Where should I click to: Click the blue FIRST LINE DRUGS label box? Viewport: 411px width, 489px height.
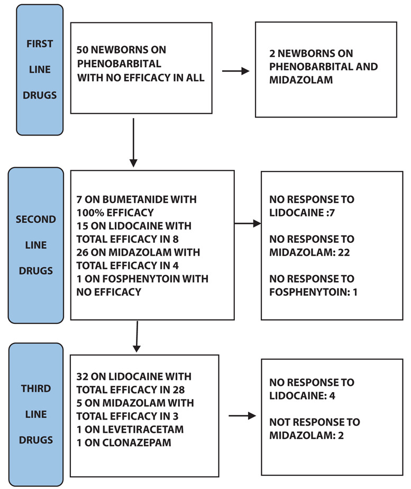click(40, 69)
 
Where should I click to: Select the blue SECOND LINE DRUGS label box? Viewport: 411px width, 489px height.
click(36, 245)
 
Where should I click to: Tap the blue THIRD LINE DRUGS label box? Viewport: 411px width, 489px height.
click(36, 414)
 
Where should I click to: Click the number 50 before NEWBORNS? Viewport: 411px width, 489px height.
click(83, 50)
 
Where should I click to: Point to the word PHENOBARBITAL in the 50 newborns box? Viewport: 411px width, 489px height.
click(119, 64)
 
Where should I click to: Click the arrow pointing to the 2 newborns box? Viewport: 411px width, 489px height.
click(235, 71)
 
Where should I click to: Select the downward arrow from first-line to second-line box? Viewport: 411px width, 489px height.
click(133, 142)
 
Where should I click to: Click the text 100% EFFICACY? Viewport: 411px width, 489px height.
click(115, 213)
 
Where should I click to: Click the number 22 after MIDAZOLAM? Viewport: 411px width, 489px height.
click(344, 252)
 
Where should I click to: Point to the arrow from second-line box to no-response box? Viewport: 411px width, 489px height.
click(248, 223)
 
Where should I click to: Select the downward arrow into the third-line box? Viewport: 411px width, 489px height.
click(137, 337)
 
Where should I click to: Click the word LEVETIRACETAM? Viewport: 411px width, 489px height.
click(143, 429)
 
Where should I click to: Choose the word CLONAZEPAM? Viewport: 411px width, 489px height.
click(137, 442)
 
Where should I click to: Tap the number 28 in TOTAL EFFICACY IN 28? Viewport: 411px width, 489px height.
click(179, 390)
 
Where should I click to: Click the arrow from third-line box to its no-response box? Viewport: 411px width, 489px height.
click(242, 416)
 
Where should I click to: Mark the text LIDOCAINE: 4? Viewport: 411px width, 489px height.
click(302, 396)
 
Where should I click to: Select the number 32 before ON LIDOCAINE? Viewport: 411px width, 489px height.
click(83, 377)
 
